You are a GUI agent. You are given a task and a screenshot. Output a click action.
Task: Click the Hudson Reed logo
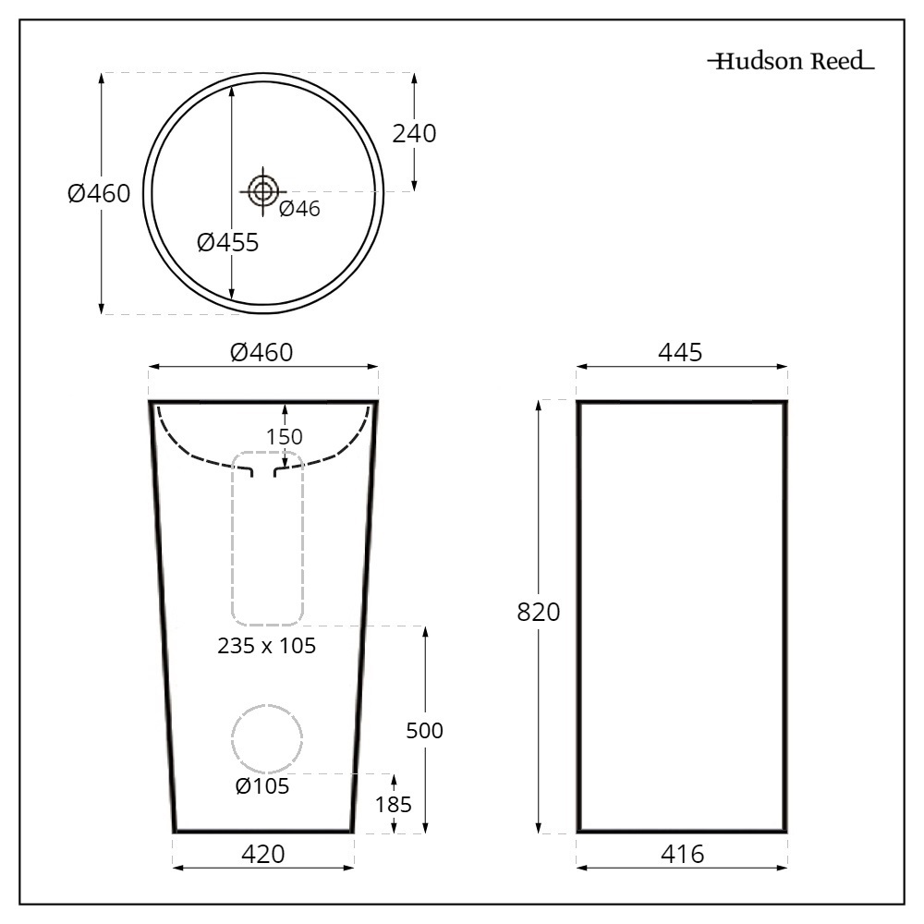pos(791,62)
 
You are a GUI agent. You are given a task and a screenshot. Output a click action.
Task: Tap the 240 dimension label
pos(414,134)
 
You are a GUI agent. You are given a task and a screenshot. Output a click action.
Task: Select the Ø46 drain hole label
pos(299,209)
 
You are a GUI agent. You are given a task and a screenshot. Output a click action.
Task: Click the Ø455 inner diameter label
pos(227,243)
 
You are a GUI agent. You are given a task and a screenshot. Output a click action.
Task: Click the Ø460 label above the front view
pos(261,352)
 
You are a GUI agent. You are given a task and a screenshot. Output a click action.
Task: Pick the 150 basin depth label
pos(285,436)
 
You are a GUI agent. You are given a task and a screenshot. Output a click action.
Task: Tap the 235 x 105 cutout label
pos(267,646)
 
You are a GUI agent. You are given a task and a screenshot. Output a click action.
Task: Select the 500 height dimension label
pos(425,731)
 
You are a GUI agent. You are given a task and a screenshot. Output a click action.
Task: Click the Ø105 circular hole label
pos(262,786)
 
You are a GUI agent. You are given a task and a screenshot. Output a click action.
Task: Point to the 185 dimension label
pos(394,804)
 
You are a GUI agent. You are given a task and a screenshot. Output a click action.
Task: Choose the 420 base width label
pos(262,855)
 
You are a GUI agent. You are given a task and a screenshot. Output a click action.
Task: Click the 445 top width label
pos(681,352)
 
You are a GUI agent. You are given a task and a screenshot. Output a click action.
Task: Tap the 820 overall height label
pos(539,612)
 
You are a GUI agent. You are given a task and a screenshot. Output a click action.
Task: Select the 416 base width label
pos(681,855)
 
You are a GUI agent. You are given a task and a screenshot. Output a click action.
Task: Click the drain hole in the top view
pos(262,191)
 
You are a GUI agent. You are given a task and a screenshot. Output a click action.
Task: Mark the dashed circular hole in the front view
pos(267,738)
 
